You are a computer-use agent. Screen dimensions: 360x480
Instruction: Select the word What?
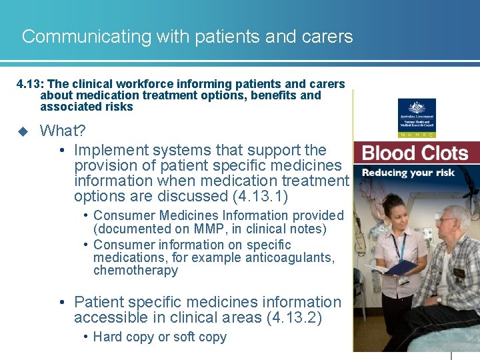(x=62, y=131)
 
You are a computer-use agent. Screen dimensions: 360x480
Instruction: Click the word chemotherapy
(x=135, y=270)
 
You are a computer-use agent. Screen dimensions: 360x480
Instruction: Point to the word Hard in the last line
(x=108, y=337)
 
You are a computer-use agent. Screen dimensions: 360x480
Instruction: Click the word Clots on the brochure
(x=442, y=153)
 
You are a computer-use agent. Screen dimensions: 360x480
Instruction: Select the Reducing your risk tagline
(x=408, y=173)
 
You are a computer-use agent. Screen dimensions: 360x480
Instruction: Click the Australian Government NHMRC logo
(x=417, y=117)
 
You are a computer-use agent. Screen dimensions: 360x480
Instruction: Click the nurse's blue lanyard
(x=399, y=246)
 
